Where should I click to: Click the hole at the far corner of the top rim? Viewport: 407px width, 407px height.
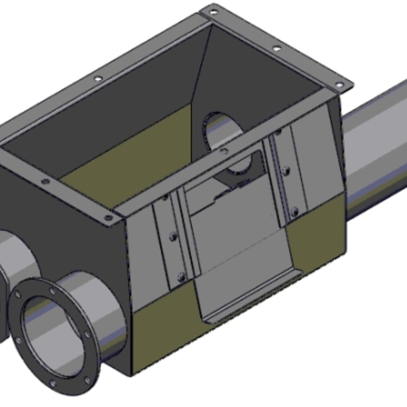[213, 12]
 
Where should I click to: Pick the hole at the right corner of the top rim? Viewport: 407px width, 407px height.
[339, 85]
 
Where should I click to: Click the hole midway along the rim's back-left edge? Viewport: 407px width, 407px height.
[97, 78]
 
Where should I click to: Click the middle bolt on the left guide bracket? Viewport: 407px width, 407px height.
[173, 237]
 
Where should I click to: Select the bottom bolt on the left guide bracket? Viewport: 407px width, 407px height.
[181, 276]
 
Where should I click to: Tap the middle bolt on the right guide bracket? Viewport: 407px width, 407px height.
[285, 170]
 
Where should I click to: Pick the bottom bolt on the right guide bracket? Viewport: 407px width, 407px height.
[294, 210]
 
